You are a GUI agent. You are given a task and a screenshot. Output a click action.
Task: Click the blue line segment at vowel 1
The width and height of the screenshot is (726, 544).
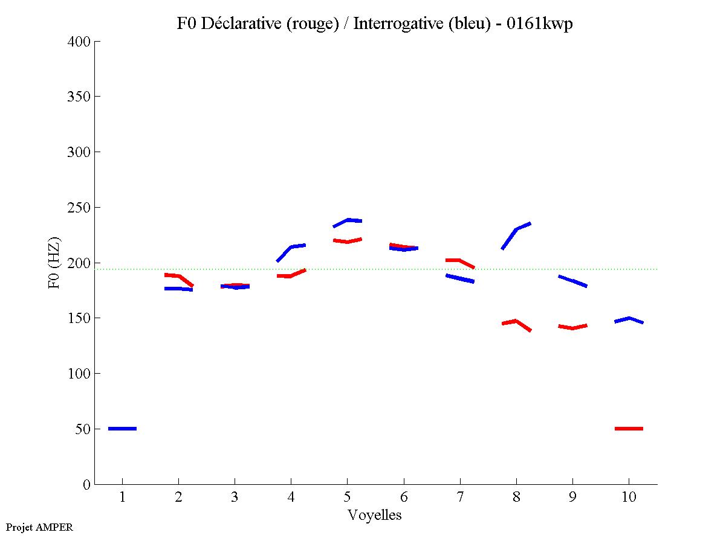pos(122,429)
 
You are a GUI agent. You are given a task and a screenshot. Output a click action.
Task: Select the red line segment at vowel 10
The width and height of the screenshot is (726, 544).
pos(629,429)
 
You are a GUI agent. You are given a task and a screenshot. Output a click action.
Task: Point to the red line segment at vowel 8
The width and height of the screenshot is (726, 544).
pos(516,321)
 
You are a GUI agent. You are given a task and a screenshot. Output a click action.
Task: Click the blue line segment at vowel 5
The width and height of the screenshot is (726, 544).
pos(348,220)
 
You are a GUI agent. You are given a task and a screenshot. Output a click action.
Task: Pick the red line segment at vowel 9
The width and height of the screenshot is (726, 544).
pos(572,328)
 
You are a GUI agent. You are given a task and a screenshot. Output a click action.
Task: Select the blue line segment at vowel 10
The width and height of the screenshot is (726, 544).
pos(629,318)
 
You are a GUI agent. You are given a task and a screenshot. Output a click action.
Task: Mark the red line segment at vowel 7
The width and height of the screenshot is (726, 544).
pos(459,260)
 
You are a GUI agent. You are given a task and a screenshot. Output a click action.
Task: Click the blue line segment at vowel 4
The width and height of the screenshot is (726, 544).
pos(291,247)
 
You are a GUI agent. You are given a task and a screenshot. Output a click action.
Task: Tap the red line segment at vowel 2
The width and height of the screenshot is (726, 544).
pos(178,276)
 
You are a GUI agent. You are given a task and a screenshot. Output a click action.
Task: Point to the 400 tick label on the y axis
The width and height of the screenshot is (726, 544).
pos(79,42)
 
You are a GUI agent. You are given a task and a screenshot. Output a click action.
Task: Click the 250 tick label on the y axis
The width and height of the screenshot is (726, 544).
pos(79,208)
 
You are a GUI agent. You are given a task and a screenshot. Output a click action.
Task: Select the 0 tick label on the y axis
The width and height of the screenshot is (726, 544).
pos(87,485)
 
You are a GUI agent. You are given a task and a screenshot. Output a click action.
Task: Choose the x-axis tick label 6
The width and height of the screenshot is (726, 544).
pos(403,498)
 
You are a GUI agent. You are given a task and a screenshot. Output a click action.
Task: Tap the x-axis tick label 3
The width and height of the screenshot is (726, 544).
pos(235,498)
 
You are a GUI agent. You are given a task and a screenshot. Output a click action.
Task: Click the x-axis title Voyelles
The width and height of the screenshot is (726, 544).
pos(375,515)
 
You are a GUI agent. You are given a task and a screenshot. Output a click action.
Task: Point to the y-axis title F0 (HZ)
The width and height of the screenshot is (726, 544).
pos(54,263)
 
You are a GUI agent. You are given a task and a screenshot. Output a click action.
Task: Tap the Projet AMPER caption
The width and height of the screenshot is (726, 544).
pos(39,527)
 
